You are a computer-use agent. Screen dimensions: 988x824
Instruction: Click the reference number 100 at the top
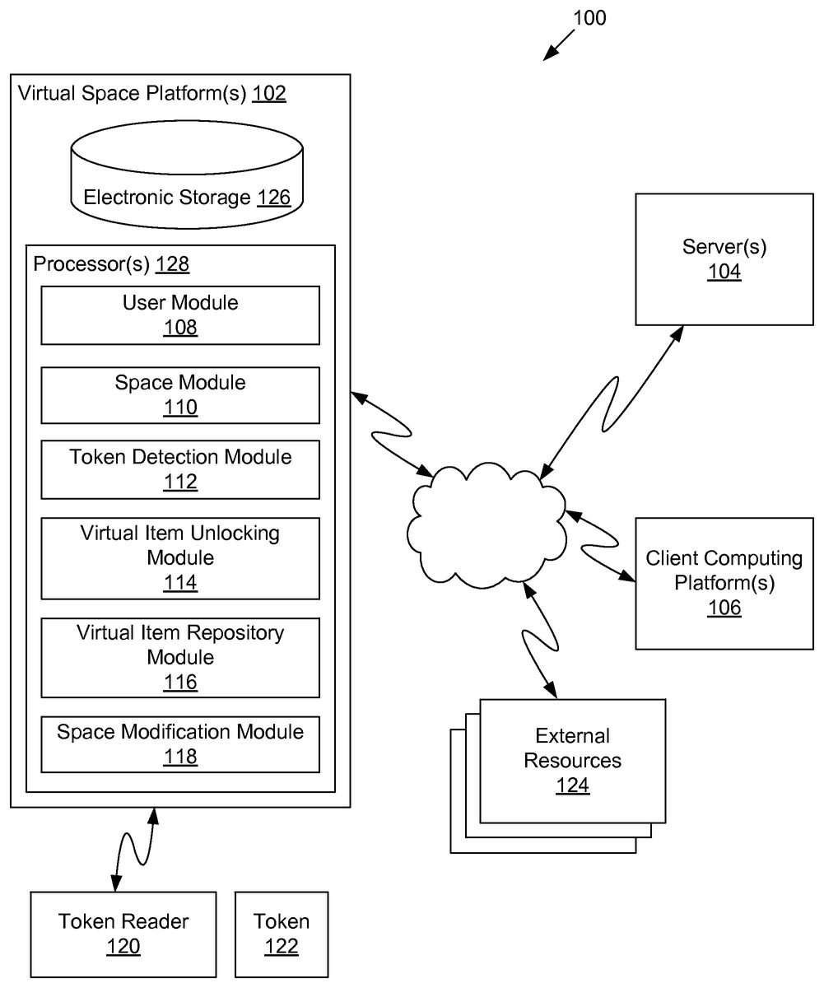coord(589,18)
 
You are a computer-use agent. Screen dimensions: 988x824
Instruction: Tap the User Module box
coord(180,315)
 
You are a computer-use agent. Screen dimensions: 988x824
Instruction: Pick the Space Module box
coord(180,395)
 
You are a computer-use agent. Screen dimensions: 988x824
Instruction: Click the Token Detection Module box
coord(180,469)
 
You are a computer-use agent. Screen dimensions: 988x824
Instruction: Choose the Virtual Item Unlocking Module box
coord(180,557)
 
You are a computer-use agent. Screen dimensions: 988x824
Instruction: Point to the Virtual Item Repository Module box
coord(180,657)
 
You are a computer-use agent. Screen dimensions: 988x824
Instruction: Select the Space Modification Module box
coord(180,744)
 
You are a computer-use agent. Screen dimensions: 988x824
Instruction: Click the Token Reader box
coord(123,933)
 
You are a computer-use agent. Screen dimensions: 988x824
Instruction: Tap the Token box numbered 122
coord(282,933)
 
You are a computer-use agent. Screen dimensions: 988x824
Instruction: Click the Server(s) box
coord(724,259)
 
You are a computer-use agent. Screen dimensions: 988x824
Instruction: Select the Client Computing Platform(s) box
coord(724,583)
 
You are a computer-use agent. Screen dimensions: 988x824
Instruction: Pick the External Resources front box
coord(572,760)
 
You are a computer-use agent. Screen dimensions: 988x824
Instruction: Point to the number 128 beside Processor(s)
coord(172,264)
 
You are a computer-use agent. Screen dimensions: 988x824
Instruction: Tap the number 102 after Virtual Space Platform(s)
coord(269,93)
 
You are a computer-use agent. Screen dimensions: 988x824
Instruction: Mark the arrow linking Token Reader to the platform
coord(134,850)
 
